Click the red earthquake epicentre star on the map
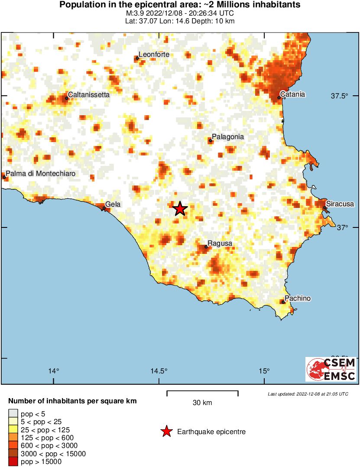pyautogui.click(x=180, y=209)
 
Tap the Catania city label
pyautogui.click(x=293, y=94)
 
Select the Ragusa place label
pyautogui.click(x=220, y=243)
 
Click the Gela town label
pyautogui.click(x=113, y=204)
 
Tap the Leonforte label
pyautogui.click(x=154, y=55)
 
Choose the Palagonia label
pyautogui.click(x=227, y=137)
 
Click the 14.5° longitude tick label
pyautogui.click(x=159, y=371)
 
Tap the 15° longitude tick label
pyautogui.click(x=264, y=371)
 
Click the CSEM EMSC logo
pyautogui.click(x=331, y=369)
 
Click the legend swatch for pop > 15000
pyautogui.click(x=13, y=462)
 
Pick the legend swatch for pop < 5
pyautogui.click(x=13, y=414)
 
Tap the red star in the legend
pyautogui.click(x=166, y=431)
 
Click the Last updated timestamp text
pyautogui.click(x=308, y=394)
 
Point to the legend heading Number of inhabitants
pyautogui.click(x=72, y=401)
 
